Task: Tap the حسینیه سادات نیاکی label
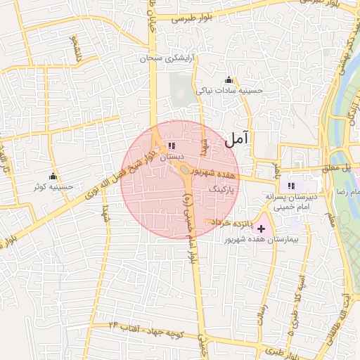point(229,90)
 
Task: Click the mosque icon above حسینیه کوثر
point(53,176)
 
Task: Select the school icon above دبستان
point(172,146)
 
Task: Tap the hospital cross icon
point(262,229)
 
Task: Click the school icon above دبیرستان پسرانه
point(291,186)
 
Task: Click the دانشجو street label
point(74,49)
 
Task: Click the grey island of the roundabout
point(185,170)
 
